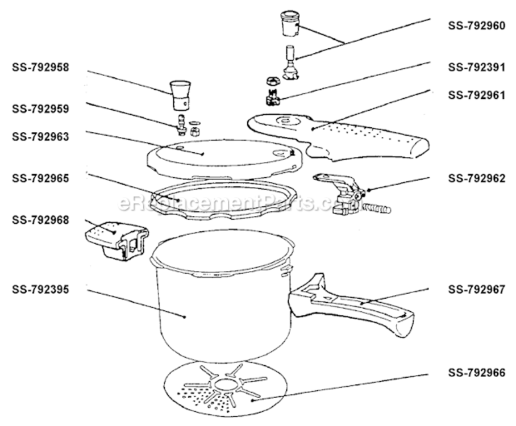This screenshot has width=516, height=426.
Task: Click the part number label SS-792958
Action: tap(40, 67)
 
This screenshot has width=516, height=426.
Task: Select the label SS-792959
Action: tap(40, 108)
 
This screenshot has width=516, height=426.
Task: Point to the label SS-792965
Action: tap(40, 178)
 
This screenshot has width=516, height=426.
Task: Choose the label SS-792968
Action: tap(40, 220)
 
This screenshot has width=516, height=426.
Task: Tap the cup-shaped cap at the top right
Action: tap(290, 24)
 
